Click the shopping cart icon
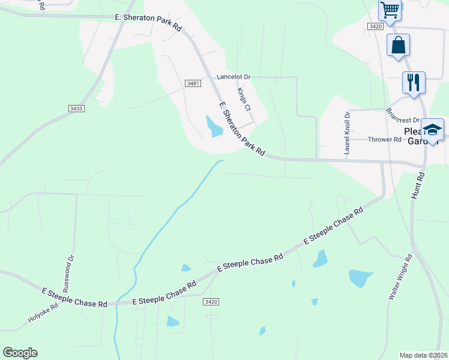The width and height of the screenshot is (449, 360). (390, 10)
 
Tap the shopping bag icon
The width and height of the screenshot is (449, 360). (398, 45)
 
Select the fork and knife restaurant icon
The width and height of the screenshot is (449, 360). (413, 82)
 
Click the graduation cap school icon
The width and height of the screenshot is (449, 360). (432, 130)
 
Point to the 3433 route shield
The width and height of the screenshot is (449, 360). (76, 108)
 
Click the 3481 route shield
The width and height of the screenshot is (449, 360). (193, 83)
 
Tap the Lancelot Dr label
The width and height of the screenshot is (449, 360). (234, 77)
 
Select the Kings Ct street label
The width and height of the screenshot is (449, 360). (244, 100)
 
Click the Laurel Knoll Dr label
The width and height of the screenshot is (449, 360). (347, 133)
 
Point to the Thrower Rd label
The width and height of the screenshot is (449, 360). (384, 139)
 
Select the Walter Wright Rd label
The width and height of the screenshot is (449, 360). (400, 277)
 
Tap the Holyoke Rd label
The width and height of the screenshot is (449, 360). (43, 314)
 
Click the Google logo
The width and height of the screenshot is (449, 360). (20, 353)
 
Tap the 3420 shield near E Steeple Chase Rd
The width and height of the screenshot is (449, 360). (210, 301)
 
